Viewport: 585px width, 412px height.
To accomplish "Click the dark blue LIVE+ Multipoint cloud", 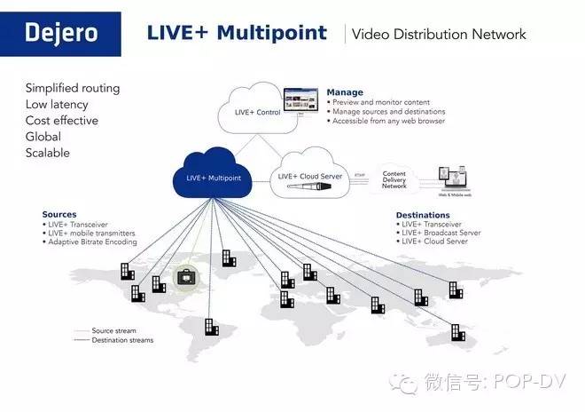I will pyautogui.click(x=213, y=177).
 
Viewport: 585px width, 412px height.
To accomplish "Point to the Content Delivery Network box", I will pyautogui.click(x=394, y=178).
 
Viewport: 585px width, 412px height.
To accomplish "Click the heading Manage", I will pyautogui.click(x=345, y=92).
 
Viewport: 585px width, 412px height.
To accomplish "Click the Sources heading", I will pyautogui.click(x=59, y=214).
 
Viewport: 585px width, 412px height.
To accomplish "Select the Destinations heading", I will pyautogui.click(x=423, y=215).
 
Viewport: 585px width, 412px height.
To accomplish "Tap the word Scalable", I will pyautogui.click(x=47, y=153).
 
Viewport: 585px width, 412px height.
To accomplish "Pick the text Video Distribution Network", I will pyautogui.click(x=439, y=35).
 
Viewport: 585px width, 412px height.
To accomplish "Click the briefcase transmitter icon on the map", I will pyautogui.click(x=187, y=278).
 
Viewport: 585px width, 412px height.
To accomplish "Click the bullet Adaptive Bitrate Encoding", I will pyautogui.click(x=93, y=242).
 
